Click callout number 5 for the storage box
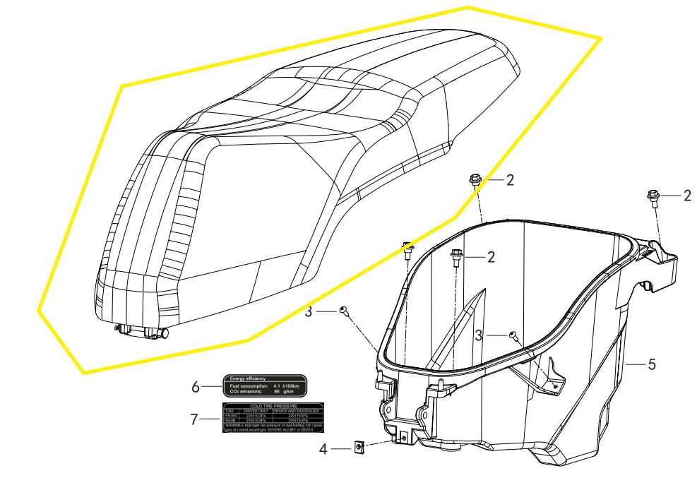pos(652,365)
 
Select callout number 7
pos(194,419)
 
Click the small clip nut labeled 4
pos(359,446)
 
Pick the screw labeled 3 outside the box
pos(344,311)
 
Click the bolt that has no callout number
pos(407,249)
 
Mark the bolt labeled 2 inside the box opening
pos(456,258)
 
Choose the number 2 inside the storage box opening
pos(490,258)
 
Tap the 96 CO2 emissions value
pos(277,391)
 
